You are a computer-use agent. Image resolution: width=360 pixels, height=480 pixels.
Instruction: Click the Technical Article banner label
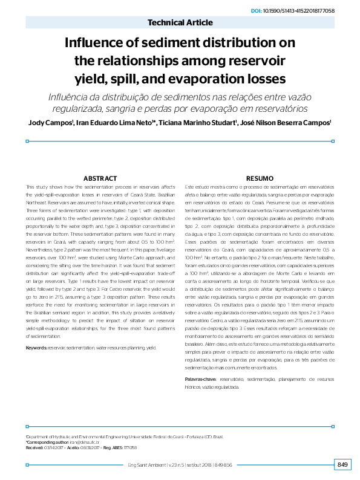point(180,23)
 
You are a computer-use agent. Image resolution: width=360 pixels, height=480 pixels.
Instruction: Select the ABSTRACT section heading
point(99,179)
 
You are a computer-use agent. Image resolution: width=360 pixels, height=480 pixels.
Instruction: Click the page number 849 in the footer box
point(342,464)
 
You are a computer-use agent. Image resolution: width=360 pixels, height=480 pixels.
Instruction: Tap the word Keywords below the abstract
point(37,348)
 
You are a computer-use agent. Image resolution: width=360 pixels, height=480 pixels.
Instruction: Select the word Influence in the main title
point(99,43)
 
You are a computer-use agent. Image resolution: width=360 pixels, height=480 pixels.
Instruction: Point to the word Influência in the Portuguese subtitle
point(68,97)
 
